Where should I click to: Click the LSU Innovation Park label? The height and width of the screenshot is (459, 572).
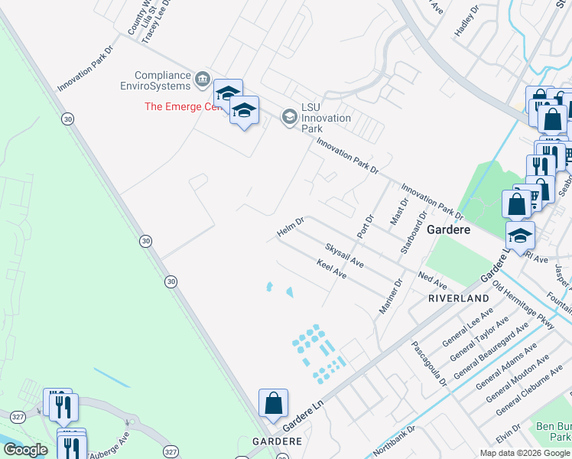pos(326,118)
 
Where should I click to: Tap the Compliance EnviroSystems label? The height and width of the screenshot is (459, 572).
pos(162,81)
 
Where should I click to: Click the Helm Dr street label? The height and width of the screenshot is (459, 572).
pos(291,227)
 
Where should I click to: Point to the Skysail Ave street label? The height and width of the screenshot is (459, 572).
pos(344,256)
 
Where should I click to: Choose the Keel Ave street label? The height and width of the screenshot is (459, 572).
pos(332,269)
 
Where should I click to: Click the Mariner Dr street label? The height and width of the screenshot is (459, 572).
pos(391,296)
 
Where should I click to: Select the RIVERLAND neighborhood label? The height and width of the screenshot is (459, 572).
pos(458,298)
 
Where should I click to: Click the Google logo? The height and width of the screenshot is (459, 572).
pos(25,450)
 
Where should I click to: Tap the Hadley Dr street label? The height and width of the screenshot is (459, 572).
pos(466,20)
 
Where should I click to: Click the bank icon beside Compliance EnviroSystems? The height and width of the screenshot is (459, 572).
pos(203,77)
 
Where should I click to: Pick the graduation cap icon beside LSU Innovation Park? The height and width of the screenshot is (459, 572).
pos(289,116)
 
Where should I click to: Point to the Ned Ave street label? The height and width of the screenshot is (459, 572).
pos(433,280)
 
